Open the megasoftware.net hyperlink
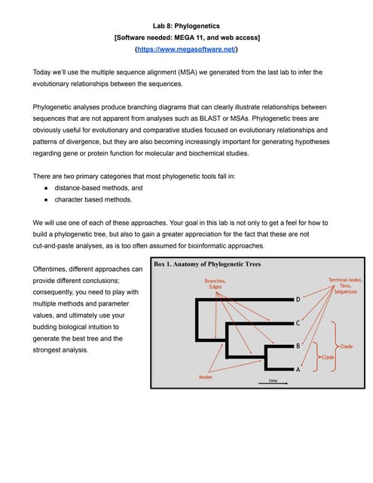click(x=186, y=49)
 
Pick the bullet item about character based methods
click(x=93, y=200)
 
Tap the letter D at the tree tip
click(x=298, y=300)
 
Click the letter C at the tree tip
click(x=298, y=323)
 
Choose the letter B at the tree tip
click(x=298, y=346)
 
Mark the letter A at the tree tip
click(x=298, y=370)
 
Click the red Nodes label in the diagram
click(x=205, y=376)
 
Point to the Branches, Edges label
click(x=215, y=284)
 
